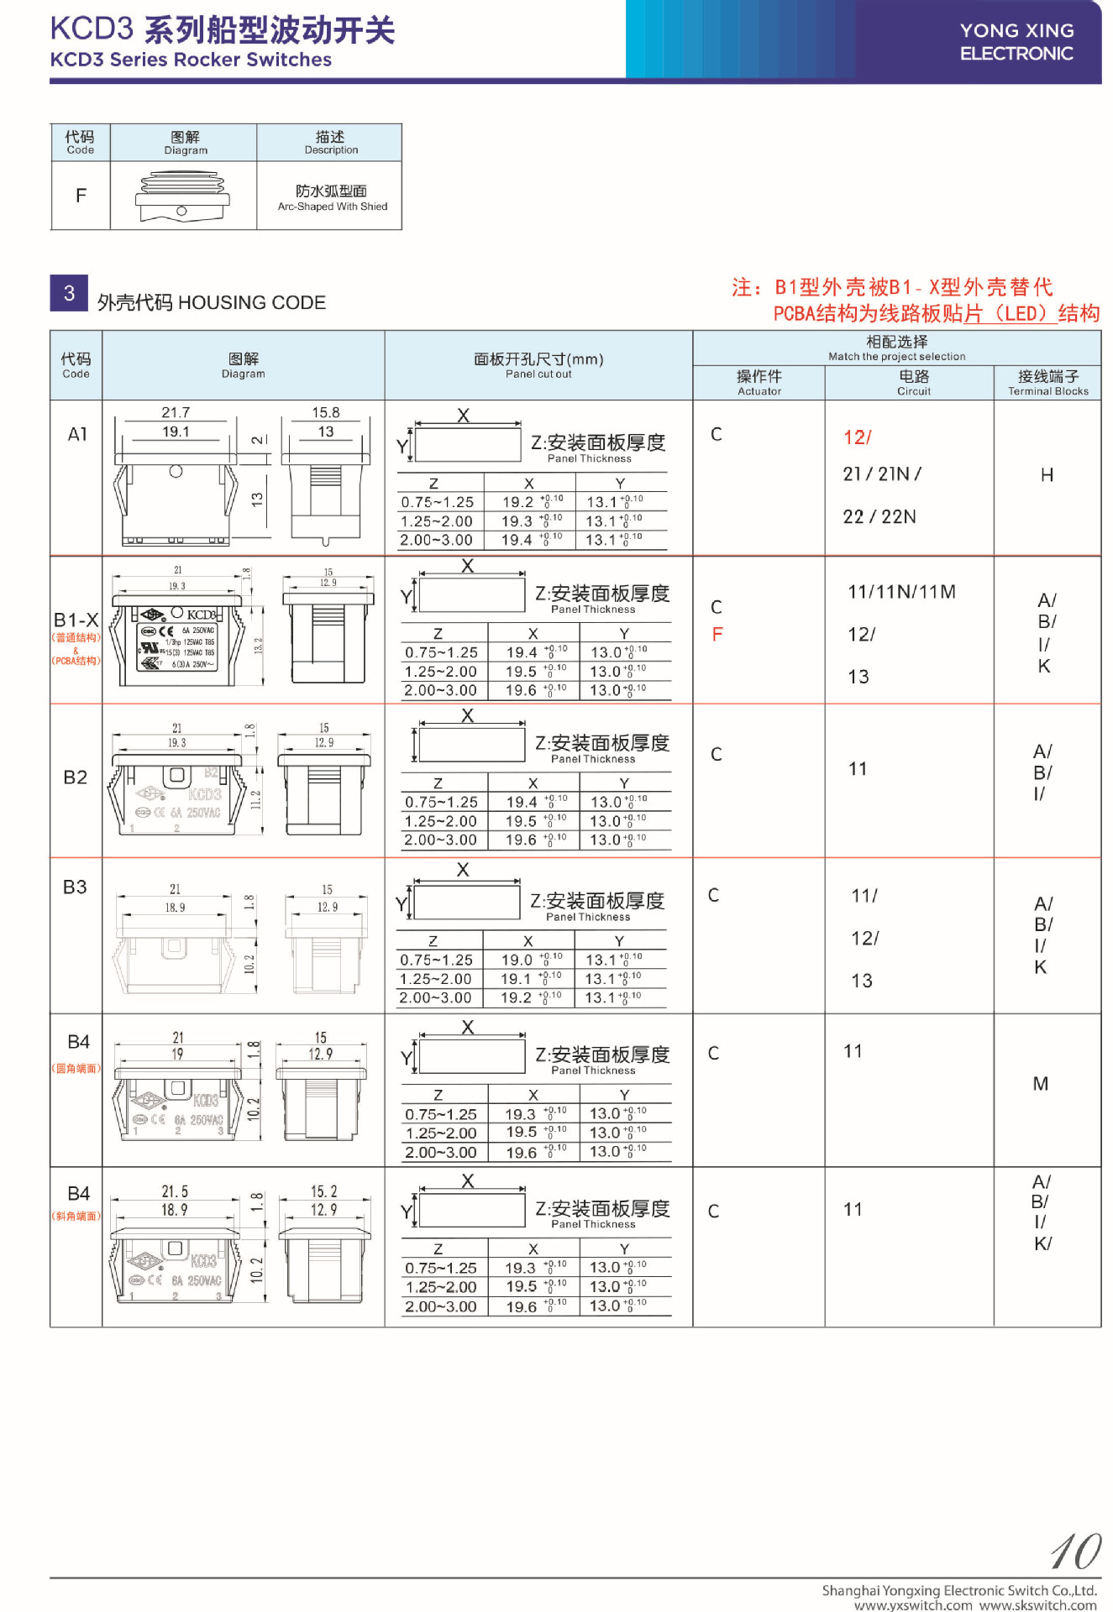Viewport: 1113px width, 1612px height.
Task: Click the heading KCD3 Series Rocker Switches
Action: [x=191, y=60]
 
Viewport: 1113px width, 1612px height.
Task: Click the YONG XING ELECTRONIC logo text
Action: [x=1016, y=42]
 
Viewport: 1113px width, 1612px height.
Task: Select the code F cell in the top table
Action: [x=81, y=196]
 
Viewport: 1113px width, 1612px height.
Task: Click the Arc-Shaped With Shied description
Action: [x=332, y=207]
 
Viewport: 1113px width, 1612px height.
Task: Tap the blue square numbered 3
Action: [x=69, y=293]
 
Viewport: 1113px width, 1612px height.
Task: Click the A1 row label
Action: [x=77, y=434]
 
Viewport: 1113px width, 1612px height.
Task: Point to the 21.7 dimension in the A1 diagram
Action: [x=176, y=412]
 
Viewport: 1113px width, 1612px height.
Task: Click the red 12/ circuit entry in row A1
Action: [x=857, y=437]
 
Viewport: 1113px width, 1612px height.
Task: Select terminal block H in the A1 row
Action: [x=1047, y=475]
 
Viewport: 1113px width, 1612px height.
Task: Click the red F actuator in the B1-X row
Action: [x=717, y=635]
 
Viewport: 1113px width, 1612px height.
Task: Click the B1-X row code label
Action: [x=76, y=620]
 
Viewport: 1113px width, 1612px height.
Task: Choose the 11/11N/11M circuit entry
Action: [x=901, y=592]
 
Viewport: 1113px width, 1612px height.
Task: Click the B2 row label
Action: [x=76, y=777]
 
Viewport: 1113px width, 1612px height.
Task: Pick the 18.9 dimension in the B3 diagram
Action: [x=175, y=908]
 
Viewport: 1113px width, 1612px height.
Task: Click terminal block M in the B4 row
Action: [x=1040, y=1084]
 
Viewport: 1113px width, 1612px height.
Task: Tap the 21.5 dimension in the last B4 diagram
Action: [x=175, y=1191]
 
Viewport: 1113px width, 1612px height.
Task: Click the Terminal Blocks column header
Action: [x=1047, y=383]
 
